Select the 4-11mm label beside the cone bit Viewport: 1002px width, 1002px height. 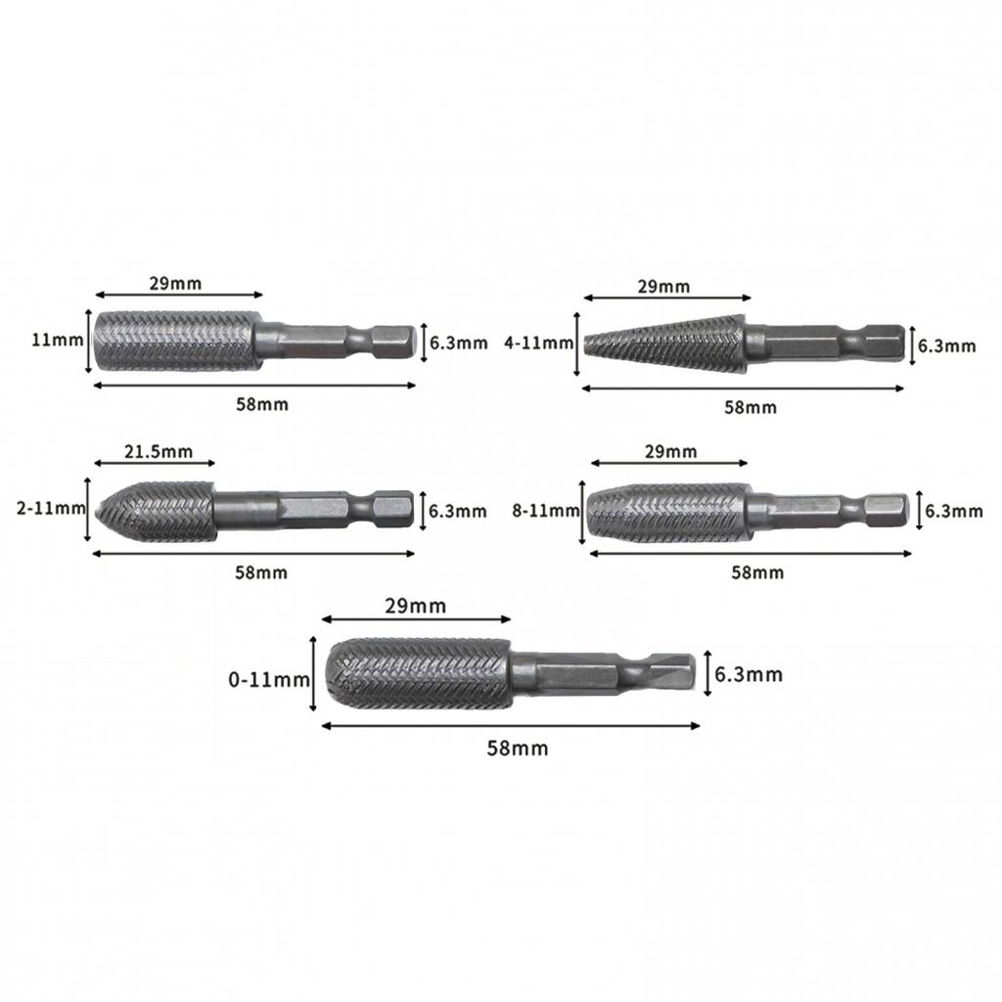[537, 343]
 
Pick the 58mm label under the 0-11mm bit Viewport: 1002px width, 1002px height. [518, 749]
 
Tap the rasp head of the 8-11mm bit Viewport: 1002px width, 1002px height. [667, 512]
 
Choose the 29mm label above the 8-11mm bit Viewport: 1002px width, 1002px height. [671, 451]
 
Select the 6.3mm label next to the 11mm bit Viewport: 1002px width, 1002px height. [458, 342]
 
